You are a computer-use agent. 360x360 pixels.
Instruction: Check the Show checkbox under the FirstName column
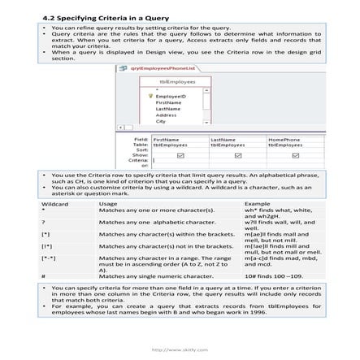click(180, 154)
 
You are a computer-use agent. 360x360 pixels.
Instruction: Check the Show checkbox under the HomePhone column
click(296, 154)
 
